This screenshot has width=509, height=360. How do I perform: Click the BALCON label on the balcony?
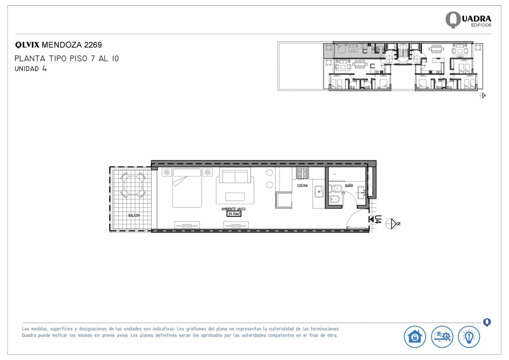tap(134, 216)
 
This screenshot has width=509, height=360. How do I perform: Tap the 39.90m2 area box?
tap(234, 214)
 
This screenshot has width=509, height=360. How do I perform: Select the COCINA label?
tap(302, 186)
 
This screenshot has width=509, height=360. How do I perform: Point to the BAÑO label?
tap(349, 186)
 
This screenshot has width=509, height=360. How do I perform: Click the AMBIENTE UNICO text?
tap(233, 209)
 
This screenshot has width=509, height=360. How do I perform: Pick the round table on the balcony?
tap(133, 185)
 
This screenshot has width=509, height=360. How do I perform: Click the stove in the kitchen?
tap(302, 174)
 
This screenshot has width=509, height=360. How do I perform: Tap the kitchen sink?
tap(319, 192)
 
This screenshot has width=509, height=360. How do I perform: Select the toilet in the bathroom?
tap(336, 189)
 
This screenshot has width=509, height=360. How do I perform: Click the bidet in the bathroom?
tap(334, 199)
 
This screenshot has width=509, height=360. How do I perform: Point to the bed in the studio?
tap(187, 188)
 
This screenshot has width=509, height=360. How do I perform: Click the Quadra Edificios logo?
tap(468, 20)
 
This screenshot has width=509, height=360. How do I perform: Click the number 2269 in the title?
tap(93, 45)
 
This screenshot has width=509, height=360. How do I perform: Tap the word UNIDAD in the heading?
tap(27, 69)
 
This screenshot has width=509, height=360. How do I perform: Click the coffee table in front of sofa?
tap(235, 197)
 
